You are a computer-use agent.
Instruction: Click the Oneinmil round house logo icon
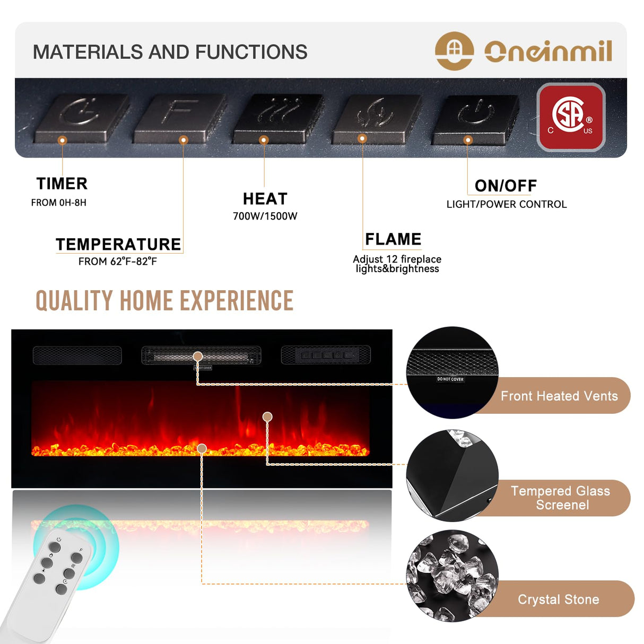(x=454, y=51)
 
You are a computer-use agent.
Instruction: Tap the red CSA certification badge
(x=571, y=117)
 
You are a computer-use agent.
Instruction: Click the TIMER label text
(x=62, y=184)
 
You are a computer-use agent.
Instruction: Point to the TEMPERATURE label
(x=118, y=244)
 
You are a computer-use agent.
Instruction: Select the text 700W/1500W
(x=265, y=216)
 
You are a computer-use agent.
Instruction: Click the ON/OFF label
(x=506, y=186)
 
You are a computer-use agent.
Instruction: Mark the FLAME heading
(x=393, y=239)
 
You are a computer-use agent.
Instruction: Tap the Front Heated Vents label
(x=559, y=396)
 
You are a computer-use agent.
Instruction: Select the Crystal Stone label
(x=558, y=599)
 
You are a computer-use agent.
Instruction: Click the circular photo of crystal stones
(x=452, y=576)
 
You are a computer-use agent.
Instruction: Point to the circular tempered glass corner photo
(x=452, y=475)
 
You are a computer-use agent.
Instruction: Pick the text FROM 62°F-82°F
(x=118, y=262)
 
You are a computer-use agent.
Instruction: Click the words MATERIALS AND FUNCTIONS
(x=170, y=52)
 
